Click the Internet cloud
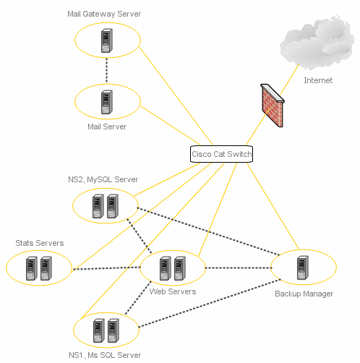pos(317,43)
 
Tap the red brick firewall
pos(273,105)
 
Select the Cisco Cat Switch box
pos(221,154)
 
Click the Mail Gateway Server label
pos(104,14)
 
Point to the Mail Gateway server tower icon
pos(107,40)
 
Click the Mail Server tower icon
pos(107,102)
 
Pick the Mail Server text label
pos(107,127)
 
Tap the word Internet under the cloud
pos(318,80)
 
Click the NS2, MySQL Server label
pos(103,179)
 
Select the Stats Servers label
pos(40,243)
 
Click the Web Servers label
pos(173,291)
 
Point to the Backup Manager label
pos(304,294)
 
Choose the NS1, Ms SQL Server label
pos(105,355)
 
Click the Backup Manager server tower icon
pos(303,268)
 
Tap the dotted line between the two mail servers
pos(107,71)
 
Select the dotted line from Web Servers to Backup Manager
pos(239,268)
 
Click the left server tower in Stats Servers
pos(32,268)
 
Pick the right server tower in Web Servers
pos(180,268)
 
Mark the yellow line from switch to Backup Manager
pos(273,206)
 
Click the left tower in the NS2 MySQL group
pos(98,206)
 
